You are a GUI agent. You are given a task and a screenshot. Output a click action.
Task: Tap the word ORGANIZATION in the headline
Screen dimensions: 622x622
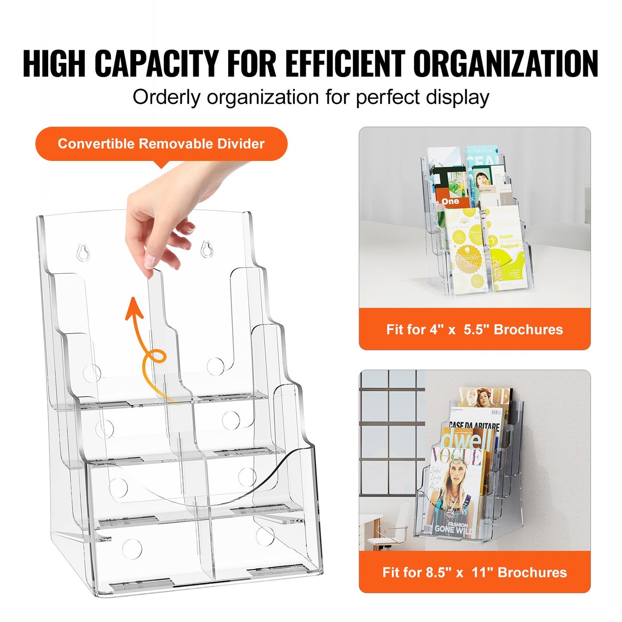click(506, 64)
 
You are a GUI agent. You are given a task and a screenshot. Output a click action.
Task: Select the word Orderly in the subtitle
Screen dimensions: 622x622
click(167, 97)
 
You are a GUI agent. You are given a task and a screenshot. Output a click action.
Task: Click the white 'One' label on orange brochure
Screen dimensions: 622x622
click(450, 201)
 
